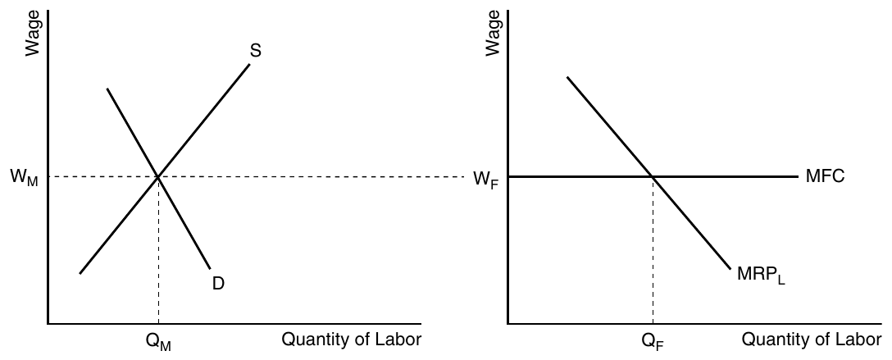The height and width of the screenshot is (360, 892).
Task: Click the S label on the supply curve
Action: (256, 51)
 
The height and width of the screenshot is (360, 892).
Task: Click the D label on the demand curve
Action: (218, 283)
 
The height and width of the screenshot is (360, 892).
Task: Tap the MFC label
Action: (826, 176)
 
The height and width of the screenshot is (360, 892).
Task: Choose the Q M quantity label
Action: (158, 341)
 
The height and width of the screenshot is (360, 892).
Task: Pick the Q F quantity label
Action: (653, 341)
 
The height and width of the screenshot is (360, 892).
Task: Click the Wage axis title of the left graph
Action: (33, 33)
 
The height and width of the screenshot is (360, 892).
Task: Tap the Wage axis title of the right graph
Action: (493, 33)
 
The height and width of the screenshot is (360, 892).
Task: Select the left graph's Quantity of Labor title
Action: (352, 339)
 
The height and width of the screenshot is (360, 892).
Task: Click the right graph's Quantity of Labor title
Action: (812, 339)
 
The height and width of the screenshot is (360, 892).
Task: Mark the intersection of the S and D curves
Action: (158, 177)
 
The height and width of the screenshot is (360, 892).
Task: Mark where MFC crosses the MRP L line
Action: (653, 177)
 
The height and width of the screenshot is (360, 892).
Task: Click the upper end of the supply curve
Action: (249, 64)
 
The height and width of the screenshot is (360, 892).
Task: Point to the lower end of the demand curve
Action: (210, 268)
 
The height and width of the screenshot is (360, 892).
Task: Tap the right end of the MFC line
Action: (798, 177)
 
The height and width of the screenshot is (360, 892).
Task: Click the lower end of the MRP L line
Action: (730, 268)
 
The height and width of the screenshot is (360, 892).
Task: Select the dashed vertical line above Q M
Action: (158, 250)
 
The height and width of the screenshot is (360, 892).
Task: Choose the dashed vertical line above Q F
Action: (653, 250)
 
